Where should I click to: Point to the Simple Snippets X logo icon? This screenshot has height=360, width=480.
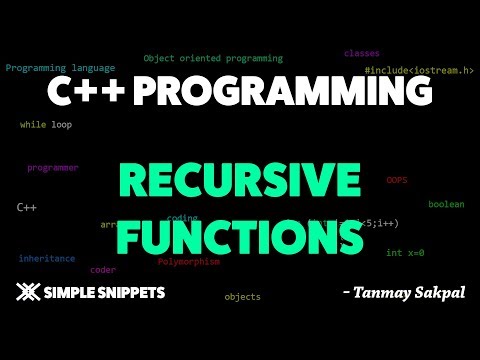[30, 293]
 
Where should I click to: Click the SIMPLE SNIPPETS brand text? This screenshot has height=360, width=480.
[106, 294]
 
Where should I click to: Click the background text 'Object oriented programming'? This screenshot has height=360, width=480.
[213, 59]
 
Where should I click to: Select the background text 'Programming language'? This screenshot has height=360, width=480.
[58, 68]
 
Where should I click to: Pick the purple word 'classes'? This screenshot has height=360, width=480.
[361, 53]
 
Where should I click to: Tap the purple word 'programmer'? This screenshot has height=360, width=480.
[53, 168]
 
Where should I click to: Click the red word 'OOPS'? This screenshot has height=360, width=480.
[397, 180]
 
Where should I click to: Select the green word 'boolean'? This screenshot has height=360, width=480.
[446, 204]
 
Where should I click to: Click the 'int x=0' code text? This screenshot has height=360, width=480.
[405, 253]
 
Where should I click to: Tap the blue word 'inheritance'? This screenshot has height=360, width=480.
[47, 258]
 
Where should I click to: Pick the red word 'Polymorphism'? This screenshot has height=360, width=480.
[188, 261]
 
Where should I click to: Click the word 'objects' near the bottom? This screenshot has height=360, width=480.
[242, 297]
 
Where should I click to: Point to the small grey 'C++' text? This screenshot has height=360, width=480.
[27, 207]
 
